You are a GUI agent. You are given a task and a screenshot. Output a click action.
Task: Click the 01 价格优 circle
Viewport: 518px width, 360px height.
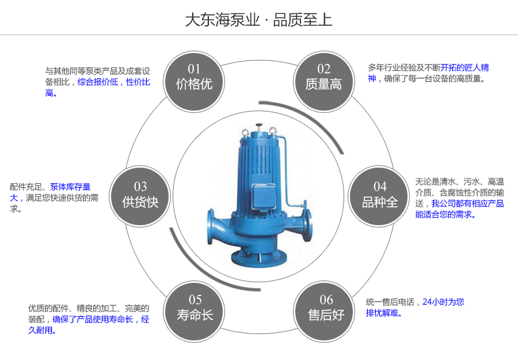pos(195,78)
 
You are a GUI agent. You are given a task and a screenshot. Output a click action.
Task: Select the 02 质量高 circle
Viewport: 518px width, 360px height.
pos(323,78)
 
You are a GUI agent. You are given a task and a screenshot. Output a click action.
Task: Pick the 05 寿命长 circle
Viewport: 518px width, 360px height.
pos(195,308)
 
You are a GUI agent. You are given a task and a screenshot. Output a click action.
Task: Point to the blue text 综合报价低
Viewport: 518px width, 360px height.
pos(98,82)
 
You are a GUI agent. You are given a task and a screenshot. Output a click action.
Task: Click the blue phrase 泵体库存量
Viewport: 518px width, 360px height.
pos(70,187)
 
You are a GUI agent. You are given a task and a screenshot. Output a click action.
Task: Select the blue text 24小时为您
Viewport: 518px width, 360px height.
pos(443,301)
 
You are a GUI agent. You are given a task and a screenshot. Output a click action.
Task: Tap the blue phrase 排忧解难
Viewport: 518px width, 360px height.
pos(383,313)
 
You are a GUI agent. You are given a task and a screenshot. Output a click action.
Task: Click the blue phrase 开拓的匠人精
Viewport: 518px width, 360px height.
pos(464,67)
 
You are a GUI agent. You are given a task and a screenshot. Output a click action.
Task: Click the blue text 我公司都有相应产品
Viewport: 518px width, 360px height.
pos(467,203)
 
